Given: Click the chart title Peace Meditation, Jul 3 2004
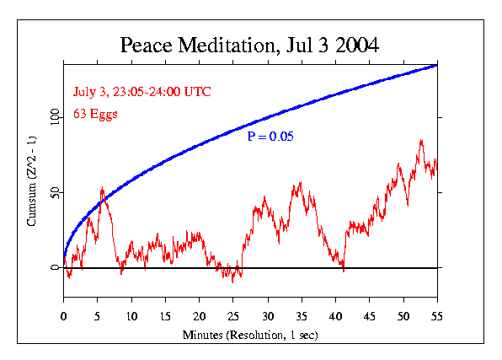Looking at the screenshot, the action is click(x=249, y=45).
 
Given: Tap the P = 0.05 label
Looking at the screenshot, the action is click(x=270, y=137).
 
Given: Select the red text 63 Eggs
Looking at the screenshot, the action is click(x=95, y=114).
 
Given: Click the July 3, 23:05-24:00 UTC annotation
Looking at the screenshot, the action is click(x=142, y=92).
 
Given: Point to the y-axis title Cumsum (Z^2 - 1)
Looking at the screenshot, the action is click(x=32, y=181).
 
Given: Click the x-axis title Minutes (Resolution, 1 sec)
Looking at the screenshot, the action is click(x=250, y=335).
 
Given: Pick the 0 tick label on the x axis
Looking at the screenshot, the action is click(x=63, y=316).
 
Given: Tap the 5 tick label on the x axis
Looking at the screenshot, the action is click(x=98, y=316).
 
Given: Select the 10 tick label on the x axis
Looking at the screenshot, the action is click(x=131, y=316).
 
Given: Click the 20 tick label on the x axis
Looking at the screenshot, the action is click(x=199, y=316).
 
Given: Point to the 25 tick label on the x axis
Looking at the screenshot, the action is click(x=233, y=316).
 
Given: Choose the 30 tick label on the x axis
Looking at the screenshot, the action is click(x=268, y=316).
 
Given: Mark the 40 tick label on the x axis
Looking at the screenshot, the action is click(x=335, y=316).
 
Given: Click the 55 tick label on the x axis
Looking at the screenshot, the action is click(x=437, y=316).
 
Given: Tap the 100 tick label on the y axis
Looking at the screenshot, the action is click(x=55, y=117).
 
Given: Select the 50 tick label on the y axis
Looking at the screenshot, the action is click(x=55, y=192).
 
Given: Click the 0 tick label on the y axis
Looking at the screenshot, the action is click(x=55, y=267).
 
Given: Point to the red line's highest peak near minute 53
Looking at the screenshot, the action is click(x=421, y=141).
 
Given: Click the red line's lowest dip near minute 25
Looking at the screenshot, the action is click(x=232, y=282).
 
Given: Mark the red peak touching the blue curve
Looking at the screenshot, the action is click(x=102, y=187).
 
